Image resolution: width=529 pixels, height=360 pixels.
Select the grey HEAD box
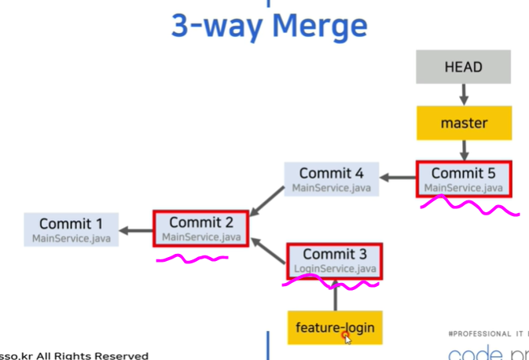coord(464,67)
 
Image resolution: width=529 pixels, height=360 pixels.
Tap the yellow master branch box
coord(464,123)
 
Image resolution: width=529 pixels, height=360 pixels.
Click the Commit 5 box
coord(464,179)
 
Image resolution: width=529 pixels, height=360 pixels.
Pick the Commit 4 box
coord(332,179)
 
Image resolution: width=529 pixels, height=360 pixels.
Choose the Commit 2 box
coord(200,229)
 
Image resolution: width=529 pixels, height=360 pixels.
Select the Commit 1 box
coord(71,230)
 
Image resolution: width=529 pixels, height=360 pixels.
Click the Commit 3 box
coord(335,261)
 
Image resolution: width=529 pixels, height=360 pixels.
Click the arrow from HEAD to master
coord(464,94)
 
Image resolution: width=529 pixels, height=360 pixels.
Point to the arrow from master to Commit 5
coord(464,149)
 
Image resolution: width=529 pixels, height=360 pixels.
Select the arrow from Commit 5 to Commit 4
coord(398,179)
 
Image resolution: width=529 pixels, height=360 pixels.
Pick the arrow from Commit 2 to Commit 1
coord(135,230)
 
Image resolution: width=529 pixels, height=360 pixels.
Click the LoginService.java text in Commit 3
coord(335,269)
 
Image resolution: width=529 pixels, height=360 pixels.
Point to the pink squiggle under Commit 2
coord(193,257)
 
